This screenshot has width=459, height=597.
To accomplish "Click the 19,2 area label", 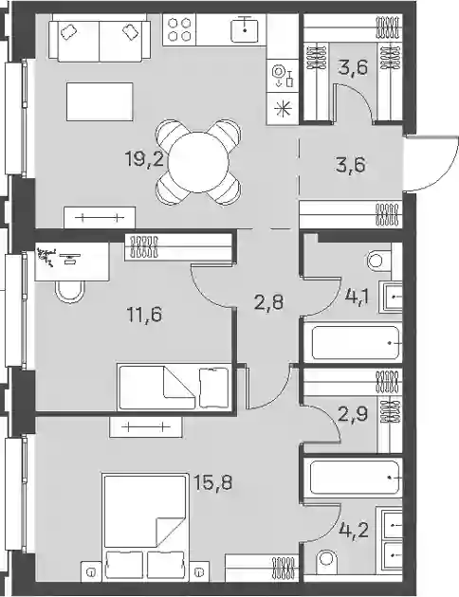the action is click(144, 158).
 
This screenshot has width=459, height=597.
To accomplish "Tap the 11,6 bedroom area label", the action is click(144, 315).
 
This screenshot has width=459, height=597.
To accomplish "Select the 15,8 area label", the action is click(212, 482).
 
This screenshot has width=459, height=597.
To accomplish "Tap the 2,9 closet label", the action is click(353, 414).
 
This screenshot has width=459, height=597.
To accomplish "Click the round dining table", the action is click(198, 163).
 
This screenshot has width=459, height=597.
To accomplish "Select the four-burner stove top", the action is click(179, 30).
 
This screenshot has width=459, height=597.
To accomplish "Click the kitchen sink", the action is click(245, 29).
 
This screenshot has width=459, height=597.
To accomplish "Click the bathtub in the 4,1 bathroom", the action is click(357, 342).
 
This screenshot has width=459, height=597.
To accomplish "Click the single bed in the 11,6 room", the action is click(174, 387).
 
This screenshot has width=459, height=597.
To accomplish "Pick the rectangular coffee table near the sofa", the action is click(100, 101).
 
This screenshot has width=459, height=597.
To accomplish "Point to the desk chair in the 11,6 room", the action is click(69, 292).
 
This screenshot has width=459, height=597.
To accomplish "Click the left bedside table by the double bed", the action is click(91, 571).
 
